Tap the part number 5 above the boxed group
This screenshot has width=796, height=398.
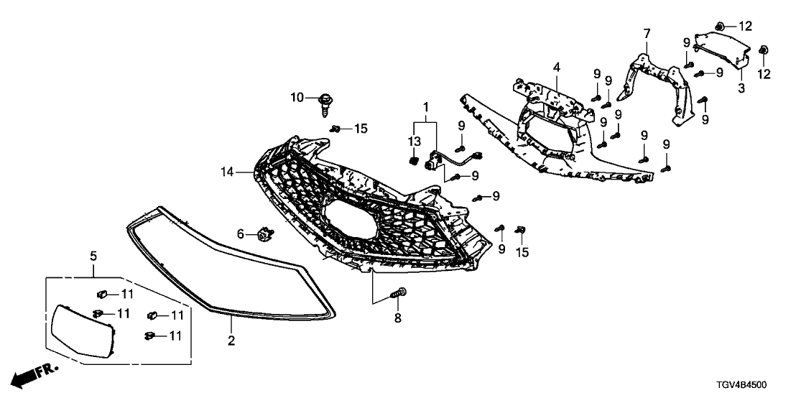93,255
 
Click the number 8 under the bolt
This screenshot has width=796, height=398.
397,317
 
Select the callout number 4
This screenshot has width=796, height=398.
555,68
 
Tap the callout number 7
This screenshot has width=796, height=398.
647,34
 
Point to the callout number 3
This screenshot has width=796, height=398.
741,88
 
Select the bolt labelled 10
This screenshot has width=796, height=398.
324,103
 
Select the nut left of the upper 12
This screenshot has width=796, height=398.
721,27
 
